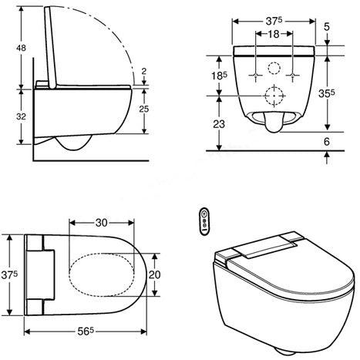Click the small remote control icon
(204, 219)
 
